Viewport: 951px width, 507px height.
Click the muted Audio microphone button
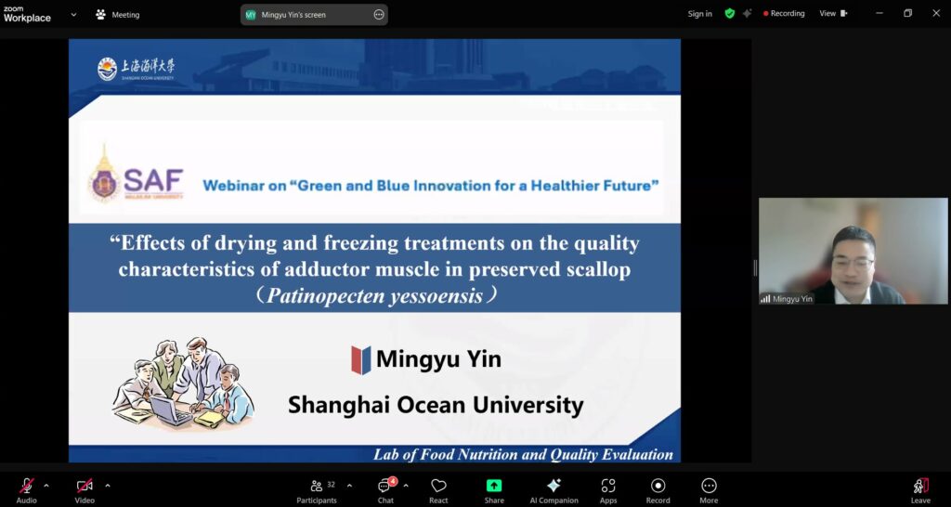pyautogui.click(x=27, y=486)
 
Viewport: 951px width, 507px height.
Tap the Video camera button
pyautogui.click(x=85, y=486)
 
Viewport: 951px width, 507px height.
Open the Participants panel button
pyautogui.click(x=317, y=486)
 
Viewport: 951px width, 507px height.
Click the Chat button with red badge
pyautogui.click(x=385, y=486)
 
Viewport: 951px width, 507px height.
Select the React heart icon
pyautogui.click(x=438, y=486)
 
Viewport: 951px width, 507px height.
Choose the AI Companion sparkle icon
pyautogui.click(x=554, y=486)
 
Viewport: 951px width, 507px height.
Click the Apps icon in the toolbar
pyautogui.click(x=608, y=486)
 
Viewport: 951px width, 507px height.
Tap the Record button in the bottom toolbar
pyautogui.click(x=658, y=486)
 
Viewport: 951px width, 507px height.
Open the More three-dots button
pyautogui.click(x=709, y=486)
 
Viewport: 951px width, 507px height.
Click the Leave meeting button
pyautogui.click(x=919, y=486)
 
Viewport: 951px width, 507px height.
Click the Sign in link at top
pyautogui.click(x=699, y=14)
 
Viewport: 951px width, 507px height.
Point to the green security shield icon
pyautogui.click(x=730, y=14)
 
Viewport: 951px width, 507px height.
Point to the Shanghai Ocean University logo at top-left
pyautogui.click(x=136, y=69)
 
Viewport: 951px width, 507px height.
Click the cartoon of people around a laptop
pyautogui.click(x=183, y=383)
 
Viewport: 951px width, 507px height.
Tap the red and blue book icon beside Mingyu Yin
pyautogui.click(x=361, y=359)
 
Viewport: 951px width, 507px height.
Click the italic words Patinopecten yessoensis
pyautogui.click(x=375, y=295)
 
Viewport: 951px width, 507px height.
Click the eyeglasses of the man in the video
pyautogui.click(x=852, y=264)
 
